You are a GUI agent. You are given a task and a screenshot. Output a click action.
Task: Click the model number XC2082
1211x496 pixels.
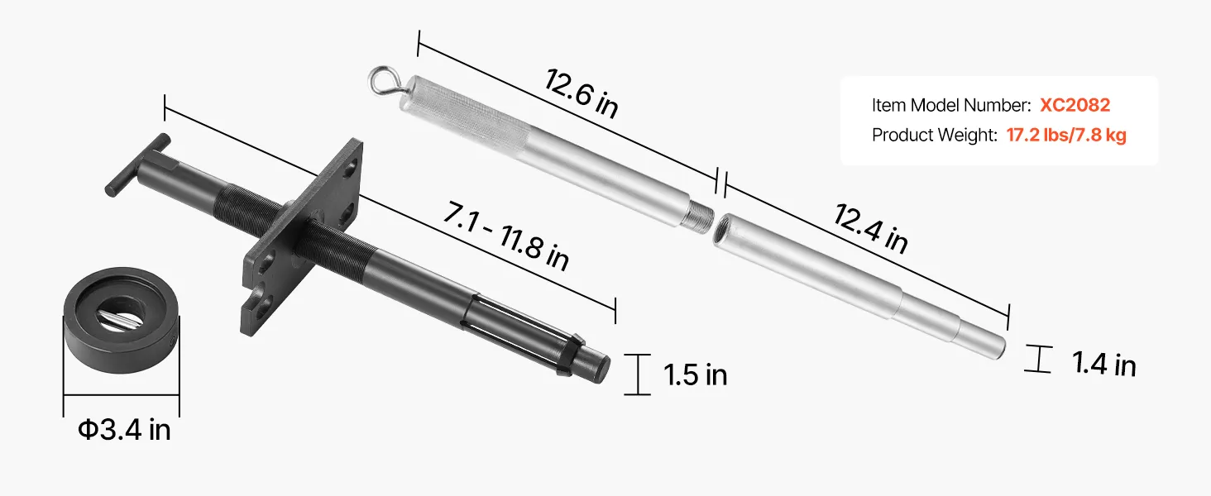(x=1075, y=105)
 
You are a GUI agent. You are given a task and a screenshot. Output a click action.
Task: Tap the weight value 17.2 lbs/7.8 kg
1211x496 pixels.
(x=1066, y=135)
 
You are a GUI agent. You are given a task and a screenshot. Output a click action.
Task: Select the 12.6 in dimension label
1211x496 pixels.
(x=582, y=93)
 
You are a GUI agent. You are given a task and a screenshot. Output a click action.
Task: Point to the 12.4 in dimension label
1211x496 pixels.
(x=870, y=228)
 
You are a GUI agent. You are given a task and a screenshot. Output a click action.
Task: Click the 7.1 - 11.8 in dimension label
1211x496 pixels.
(x=505, y=236)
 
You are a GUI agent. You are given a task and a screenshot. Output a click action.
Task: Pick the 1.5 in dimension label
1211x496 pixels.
(x=695, y=375)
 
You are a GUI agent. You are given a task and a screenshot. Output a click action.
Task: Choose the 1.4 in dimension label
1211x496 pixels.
(x=1104, y=364)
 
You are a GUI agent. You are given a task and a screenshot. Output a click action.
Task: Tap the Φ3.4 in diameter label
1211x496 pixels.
(x=124, y=430)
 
